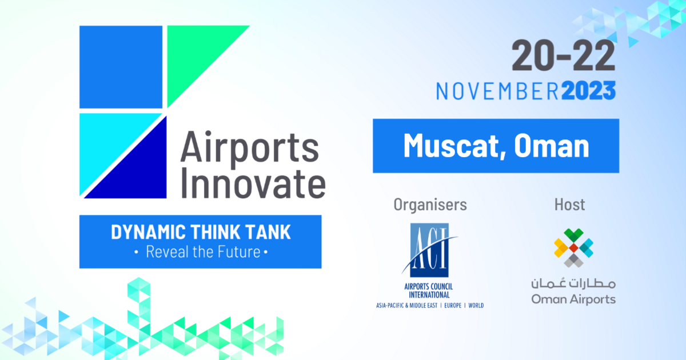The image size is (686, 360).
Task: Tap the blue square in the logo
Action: click(121, 66)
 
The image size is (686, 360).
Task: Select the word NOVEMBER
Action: click(497, 91)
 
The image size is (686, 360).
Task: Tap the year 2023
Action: click(588, 91)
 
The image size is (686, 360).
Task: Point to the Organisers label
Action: click(430, 204)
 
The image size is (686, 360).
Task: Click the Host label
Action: click(569, 204)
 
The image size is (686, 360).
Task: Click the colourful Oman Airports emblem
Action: click(573, 247)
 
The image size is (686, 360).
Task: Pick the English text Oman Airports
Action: click(573, 299)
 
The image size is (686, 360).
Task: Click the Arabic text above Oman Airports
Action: click(573, 283)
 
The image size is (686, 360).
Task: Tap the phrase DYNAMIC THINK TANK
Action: click(200, 233)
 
